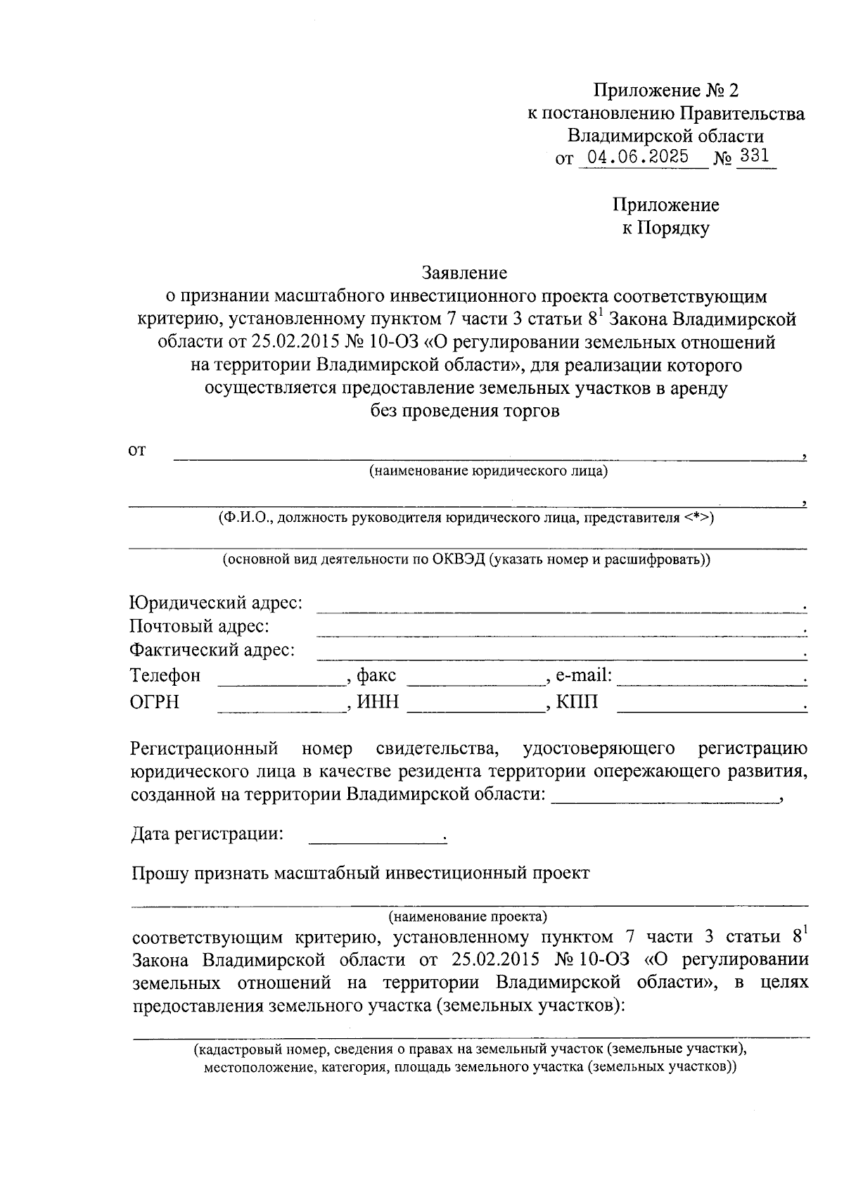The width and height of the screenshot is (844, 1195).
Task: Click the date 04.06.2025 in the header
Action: pos(638,156)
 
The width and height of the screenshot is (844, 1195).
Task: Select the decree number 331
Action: pos(755,156)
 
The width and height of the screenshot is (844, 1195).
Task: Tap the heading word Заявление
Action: pos(464,271)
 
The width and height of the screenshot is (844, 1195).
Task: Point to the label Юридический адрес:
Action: pos(217,603)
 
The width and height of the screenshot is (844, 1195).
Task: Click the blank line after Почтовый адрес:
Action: pos(559,629)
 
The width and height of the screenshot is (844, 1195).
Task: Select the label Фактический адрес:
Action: pos(212,650)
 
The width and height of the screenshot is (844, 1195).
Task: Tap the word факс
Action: pos(376,676)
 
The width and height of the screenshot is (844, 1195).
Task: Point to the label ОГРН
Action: pos(155,702)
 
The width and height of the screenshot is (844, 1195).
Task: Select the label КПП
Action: pos(577,702)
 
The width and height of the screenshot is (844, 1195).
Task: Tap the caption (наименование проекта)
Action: pos(468,917)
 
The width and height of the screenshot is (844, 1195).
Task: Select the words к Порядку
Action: pos(665,228)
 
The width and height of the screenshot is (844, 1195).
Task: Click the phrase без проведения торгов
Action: pos(465,411)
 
